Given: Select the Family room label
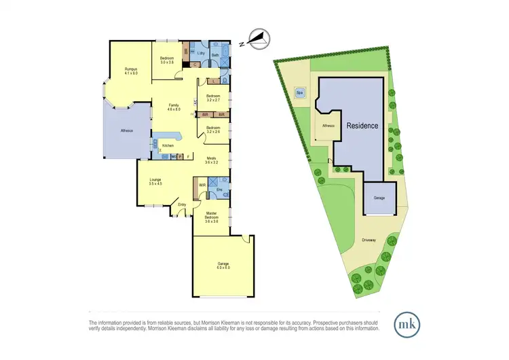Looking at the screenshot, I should pyautogui.click(x=174, y=105).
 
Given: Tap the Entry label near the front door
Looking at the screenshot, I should pyautogui.click(x=182, y=204).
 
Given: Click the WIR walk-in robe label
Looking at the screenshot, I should pyautogui.click(x=202, y=184).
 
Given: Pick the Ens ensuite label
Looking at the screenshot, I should pyautogui.click(x=219, y=190).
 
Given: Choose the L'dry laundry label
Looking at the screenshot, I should pyautogui.click(x=201, y=52).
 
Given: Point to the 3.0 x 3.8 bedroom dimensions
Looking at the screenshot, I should pyautogui.click(x=167, y=62).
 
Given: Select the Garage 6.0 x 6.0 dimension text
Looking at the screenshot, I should pyautogui.click(x=223, y=268).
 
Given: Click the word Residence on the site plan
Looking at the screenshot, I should pyautogui.click(x=362, y=126).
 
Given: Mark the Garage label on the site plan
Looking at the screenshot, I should pyautogui.click(x=379, y=198).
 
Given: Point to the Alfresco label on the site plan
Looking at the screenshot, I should pyautogui.click(x=328, y=125).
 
